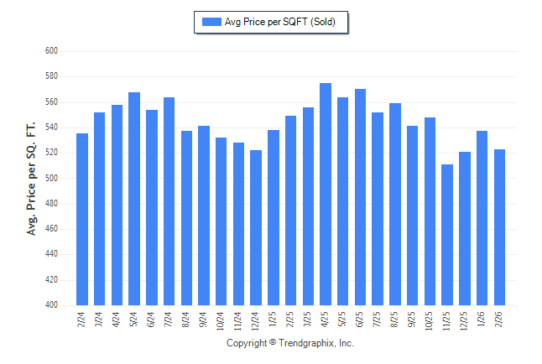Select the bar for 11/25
(447, 235)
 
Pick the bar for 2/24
(82, 219)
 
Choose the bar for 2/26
(499, 227)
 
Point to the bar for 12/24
(256, 227)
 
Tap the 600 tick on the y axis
(50, 51)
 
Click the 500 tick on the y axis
(50, 179)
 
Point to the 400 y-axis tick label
(50, 305)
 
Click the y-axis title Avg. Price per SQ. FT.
(32, 179)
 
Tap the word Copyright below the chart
(247, 343)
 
